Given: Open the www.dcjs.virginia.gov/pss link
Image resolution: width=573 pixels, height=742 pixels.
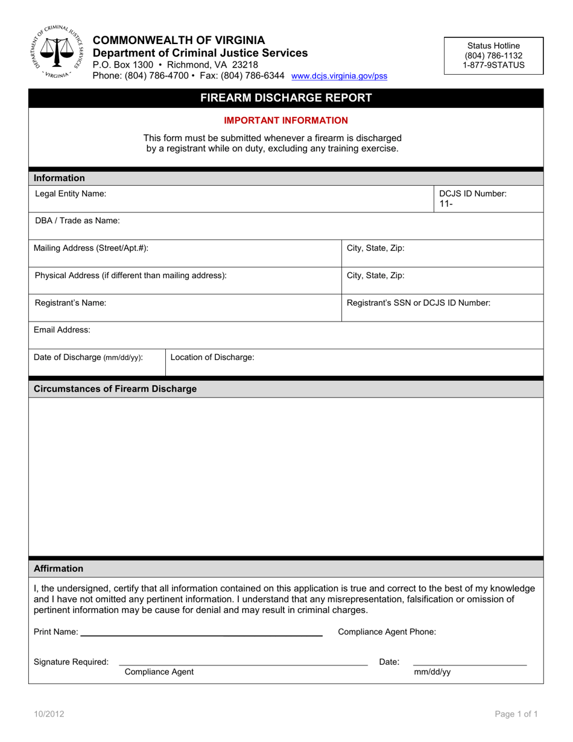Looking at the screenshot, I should (x=339, y=77).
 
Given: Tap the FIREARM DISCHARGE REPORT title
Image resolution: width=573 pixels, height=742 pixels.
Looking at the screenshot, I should (x=286, y=98).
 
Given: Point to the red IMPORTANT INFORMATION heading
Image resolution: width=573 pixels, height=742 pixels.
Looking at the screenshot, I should (x=286, y=121).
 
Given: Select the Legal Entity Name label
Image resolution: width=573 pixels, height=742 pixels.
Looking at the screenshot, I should (x=71, y=194).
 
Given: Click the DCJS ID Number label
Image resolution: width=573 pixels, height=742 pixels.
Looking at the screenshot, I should (x=472, y=194).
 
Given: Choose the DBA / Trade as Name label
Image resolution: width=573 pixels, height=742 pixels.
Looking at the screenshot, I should (x=77, y=221).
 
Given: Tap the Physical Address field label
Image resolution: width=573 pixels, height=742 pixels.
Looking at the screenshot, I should (x=131, y=275).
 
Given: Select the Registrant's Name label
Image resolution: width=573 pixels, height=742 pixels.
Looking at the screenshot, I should (x=71, y=303).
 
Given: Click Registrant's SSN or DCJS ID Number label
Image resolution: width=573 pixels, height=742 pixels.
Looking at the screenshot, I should (x=418, y=303).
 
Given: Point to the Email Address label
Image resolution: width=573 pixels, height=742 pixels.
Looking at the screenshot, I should (x=62, y=330).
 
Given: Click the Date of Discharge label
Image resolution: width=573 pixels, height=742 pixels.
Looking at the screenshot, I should (x=88, y=357).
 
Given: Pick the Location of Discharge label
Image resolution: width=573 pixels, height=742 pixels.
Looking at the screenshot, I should (x=212, y=357).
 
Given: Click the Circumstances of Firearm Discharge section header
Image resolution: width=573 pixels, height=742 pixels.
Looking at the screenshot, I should (x=115, y=388).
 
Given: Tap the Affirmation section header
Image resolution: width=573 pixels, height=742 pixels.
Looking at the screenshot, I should (x=59, y=568).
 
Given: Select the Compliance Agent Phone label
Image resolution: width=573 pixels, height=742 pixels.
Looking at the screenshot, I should (x=387, y=632).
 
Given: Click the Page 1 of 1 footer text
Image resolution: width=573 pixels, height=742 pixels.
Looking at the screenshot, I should (x=516, y=714).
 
